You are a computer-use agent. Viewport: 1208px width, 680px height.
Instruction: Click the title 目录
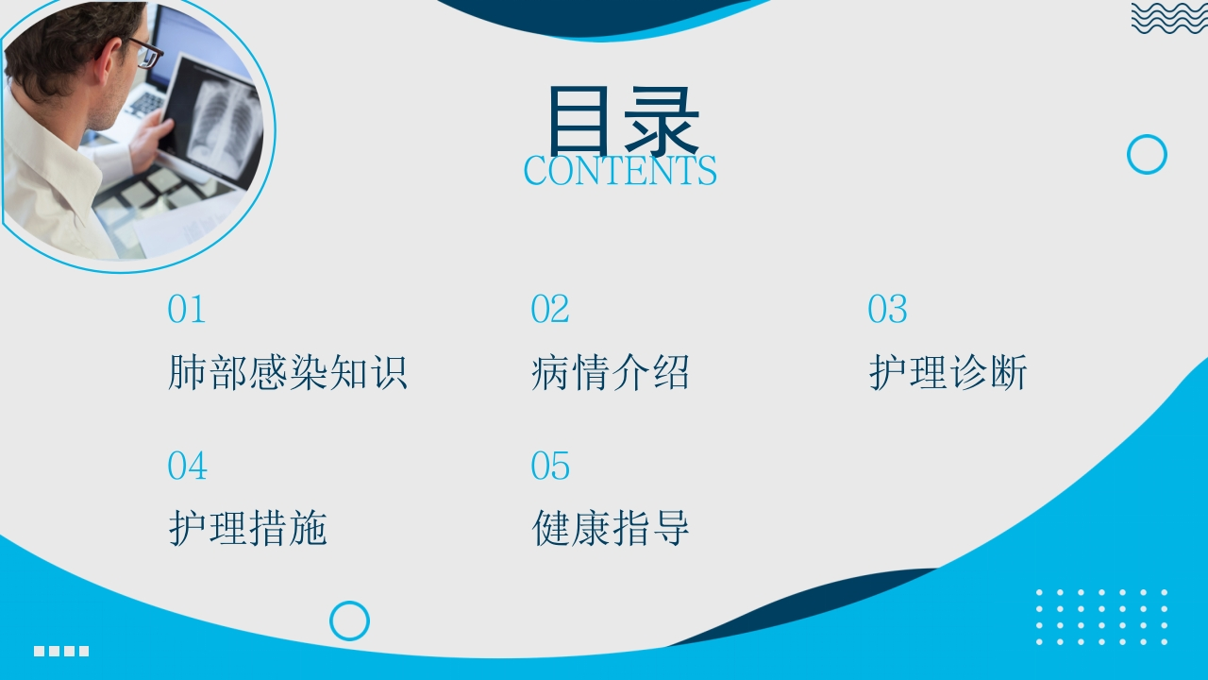point(624,121)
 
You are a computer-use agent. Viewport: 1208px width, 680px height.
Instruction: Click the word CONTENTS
point(620,171)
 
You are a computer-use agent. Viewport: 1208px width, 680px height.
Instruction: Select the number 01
point(187,309)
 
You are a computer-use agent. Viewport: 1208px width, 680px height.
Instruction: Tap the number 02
point(550,309)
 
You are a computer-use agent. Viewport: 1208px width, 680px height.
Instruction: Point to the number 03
point(888,309)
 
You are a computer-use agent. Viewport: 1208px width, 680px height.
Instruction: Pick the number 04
point(187,466)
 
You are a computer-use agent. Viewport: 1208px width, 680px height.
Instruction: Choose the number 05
point(550,466)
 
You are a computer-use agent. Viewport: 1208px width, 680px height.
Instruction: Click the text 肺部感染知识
point(288,372)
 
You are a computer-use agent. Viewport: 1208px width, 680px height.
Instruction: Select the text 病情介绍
point(610,372)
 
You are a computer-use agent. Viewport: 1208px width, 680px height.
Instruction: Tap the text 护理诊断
point(948,372)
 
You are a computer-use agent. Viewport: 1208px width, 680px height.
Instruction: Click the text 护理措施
point(247,528)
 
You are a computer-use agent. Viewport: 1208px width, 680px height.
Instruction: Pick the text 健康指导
point(611,528)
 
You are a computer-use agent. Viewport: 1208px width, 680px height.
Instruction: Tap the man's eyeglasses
point(145,53)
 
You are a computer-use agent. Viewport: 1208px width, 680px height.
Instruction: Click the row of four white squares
point(61,651)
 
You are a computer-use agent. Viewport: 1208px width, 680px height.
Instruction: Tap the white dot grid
point(1101,617)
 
